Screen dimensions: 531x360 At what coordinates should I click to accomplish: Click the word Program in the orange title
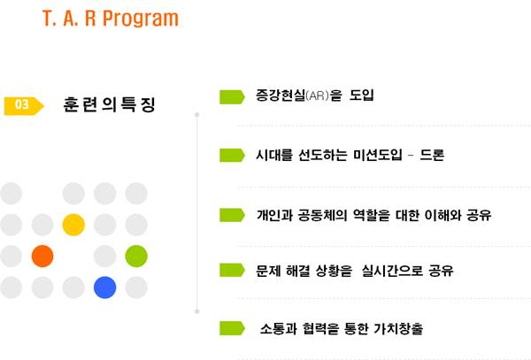141,19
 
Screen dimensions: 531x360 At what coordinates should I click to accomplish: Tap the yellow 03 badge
24,105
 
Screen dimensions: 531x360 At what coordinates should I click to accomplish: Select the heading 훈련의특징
110,104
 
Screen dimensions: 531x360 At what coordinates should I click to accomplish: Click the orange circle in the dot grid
42,257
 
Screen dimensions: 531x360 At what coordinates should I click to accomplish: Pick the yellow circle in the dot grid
73,225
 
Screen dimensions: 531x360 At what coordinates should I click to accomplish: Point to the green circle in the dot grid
136,257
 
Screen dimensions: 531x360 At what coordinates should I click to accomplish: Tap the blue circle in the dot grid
105,287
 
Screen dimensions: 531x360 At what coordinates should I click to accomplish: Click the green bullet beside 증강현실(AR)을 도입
232,96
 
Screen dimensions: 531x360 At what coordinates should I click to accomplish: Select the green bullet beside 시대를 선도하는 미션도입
232,156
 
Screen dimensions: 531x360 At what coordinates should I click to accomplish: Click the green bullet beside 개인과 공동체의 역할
232,215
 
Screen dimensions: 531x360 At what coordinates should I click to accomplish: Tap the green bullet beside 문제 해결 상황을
232,270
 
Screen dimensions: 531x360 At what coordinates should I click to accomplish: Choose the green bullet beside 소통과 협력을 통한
232,328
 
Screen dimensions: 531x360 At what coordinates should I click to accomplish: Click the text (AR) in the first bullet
317,96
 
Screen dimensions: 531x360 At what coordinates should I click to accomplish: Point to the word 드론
432,155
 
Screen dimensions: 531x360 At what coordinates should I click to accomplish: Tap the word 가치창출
398,328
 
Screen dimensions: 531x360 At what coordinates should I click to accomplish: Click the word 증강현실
281,95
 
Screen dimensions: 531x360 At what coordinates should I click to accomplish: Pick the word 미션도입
378,155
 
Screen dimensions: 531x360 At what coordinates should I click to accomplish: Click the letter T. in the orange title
49,19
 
